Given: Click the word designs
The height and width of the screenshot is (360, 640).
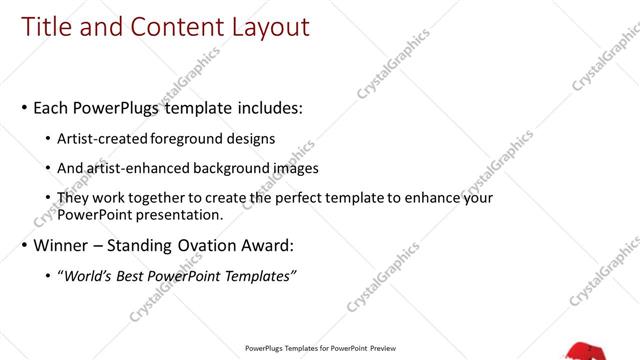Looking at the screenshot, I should (x=252, y=138).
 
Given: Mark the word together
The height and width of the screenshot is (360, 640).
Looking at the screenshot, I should (x=162, y=198).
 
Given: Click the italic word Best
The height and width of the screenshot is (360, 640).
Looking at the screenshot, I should (x=136, y=276).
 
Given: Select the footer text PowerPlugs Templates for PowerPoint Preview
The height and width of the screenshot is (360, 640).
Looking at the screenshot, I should (x=320, y=349).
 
